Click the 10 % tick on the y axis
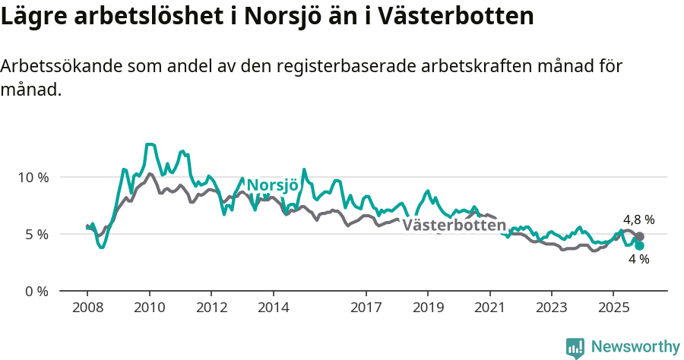33,177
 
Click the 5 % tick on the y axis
36,234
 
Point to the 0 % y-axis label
36,291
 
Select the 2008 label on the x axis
87,308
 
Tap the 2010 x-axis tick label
149,308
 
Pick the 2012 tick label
211,308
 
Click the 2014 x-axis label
273,308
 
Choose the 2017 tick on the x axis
366,308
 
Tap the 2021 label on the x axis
489,308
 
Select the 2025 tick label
613,308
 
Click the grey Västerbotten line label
454,225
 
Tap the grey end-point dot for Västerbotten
640,237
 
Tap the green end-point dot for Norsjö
640,245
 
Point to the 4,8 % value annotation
638,220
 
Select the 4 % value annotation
638,260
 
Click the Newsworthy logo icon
575,347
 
